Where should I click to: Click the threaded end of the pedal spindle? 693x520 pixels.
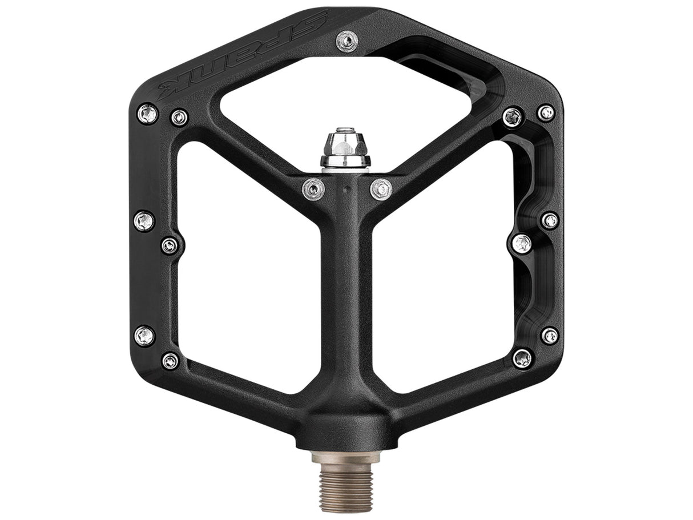[x=346, y=482]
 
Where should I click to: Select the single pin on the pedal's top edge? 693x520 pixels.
[x=347, y=40]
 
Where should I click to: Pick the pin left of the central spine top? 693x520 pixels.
[x=313, y=188]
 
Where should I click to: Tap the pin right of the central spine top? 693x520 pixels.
[x=381, y=188]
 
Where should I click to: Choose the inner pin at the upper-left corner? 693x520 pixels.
[x=179, y=118]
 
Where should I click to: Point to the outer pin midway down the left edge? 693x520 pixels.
[x=144, y=220]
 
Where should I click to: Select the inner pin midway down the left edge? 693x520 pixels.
[x=170, y=245]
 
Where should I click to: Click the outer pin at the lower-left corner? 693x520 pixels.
[x=144, y=335]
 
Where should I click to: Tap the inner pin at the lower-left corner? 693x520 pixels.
[x=170, y=361]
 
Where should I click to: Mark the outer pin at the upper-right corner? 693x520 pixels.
[x=546, y=112]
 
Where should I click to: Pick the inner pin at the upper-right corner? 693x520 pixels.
[x=513, y=117]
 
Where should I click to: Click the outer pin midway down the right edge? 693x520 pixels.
[x=550, y=220]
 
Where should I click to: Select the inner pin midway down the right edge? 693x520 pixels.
[x=522, y=244]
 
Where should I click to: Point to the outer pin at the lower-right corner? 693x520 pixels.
[x=550, y=336]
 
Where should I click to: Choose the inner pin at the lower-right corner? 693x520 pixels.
[x=522, y=358]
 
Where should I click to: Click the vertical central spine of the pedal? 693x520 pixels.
[x=346, y=285]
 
